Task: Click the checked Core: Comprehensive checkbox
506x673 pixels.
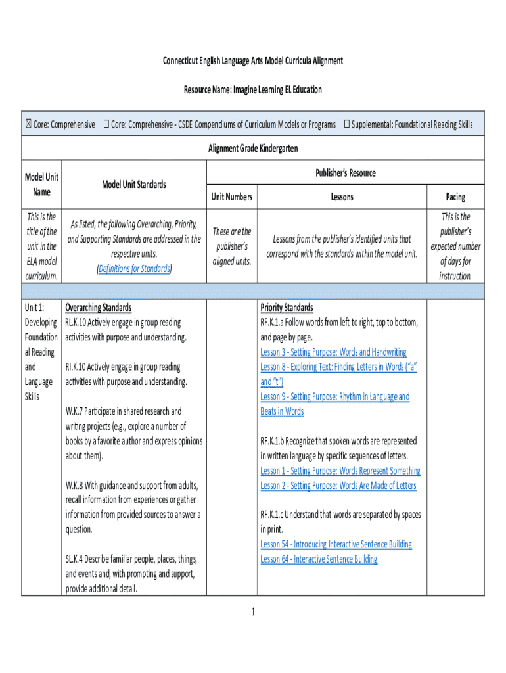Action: click(x=28, y=124)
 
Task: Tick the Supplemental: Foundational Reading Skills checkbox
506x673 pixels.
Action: click(x=346, y=124)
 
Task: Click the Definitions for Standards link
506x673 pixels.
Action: click(x=134, y=268)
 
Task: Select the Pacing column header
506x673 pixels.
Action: click(x=455, y=197)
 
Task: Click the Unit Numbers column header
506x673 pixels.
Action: click(x=231, y=197)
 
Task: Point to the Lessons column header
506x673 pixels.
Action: click(x=342, y=197)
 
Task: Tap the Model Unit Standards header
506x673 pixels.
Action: click(x=134, y=185)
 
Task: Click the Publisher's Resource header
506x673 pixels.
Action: click(x=345, y=173)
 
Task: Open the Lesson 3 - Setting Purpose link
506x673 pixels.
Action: click(x=333, y=352)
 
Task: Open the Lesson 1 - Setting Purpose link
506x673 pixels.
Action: click(x=340, y=471)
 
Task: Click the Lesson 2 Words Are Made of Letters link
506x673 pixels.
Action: click(x=338, y=486)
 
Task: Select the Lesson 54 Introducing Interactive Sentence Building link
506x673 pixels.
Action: click(x=336, y=544)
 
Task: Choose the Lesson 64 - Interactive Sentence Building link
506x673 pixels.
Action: click(x=319, y=559)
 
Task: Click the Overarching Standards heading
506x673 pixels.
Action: click(x=98, y=308)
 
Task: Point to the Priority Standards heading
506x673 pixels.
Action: click(x=287, y=308)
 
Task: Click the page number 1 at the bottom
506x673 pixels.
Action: click(x=252, y=613)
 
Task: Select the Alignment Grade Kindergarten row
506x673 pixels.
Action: click(x=253, y=149)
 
